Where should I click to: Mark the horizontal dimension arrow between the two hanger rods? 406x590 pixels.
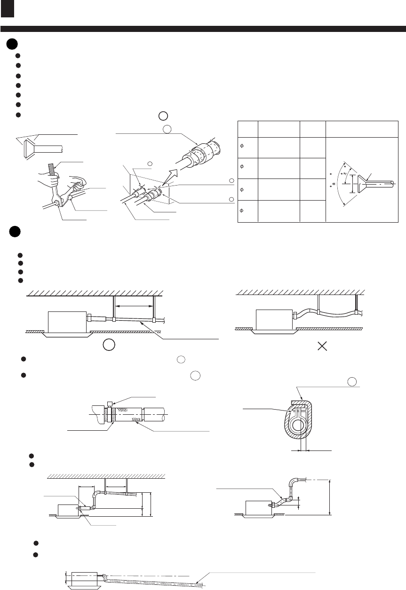coord(134,306)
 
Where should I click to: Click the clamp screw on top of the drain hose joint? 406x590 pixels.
coord(110,404)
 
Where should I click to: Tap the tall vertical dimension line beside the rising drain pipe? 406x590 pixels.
coord(330,497)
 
